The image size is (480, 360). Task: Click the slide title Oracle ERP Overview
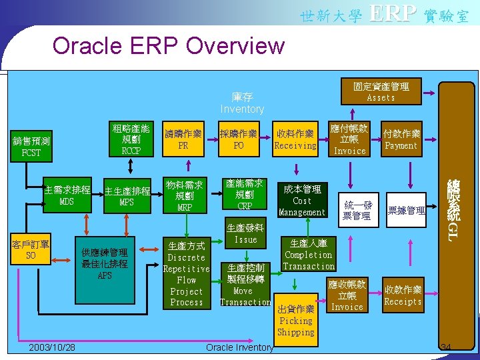(x=168, y=46)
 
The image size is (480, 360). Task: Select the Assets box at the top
(x=381, y=91)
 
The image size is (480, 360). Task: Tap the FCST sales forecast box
(x=31, y=147)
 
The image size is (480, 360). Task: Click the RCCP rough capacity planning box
(x=130, y=139)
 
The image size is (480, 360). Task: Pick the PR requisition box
(x=183, y=139)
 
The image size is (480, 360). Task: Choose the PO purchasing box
(x=239, y=139)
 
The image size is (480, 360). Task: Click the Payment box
(x=401, y=139)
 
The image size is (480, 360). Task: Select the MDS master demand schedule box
(x=67, y=195)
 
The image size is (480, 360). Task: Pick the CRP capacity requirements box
(x=244, y=194)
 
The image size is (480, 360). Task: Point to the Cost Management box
(x=302, y=201)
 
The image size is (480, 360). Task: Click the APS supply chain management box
(x=105, y=264)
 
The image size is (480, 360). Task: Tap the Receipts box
(x=403, y=295)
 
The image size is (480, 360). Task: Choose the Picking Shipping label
(x=295, y=326)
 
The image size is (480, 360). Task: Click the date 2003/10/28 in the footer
(x=52, y=348)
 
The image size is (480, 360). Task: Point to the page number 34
(x=447, y=347)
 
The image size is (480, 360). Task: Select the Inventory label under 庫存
(x=242, y=109)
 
